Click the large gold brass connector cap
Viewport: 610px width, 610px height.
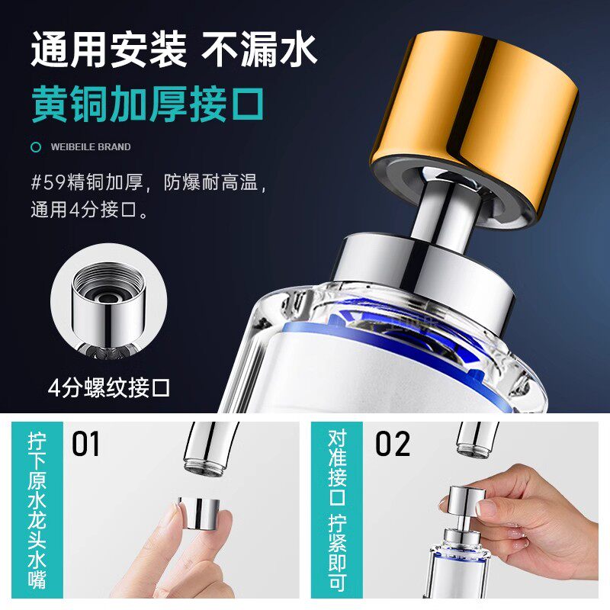474,128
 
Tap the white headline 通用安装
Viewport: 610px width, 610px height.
109,50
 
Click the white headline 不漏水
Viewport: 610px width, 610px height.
259,50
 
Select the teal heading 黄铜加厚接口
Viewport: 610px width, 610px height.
148,104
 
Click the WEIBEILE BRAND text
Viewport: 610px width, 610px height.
91,147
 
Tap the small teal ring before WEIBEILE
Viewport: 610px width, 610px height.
36,147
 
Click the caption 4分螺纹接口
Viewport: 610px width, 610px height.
109,387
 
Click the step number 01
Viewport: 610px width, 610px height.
85,443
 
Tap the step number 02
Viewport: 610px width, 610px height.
393,443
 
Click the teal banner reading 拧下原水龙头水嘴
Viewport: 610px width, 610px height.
37,510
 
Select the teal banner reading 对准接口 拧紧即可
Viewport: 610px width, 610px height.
337,510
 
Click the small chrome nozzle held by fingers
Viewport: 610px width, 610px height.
199,512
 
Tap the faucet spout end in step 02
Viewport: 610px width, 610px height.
476,448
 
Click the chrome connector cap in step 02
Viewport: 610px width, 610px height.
467,500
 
